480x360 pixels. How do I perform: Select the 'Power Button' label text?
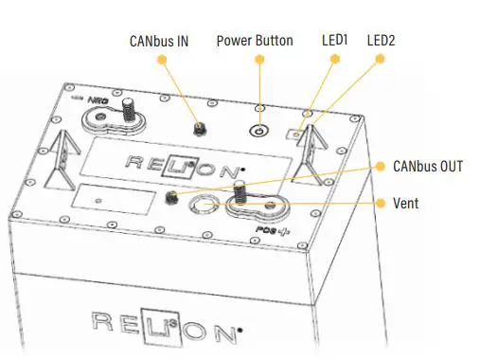pos(255,41)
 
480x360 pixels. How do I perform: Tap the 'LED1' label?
pos(335,41)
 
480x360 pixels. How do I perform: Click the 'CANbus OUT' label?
pos(428,166)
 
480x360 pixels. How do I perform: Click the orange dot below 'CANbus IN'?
pos(162,59)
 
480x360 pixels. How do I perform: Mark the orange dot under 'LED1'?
pos(335,59)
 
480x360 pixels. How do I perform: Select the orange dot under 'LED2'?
pos(380,59)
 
